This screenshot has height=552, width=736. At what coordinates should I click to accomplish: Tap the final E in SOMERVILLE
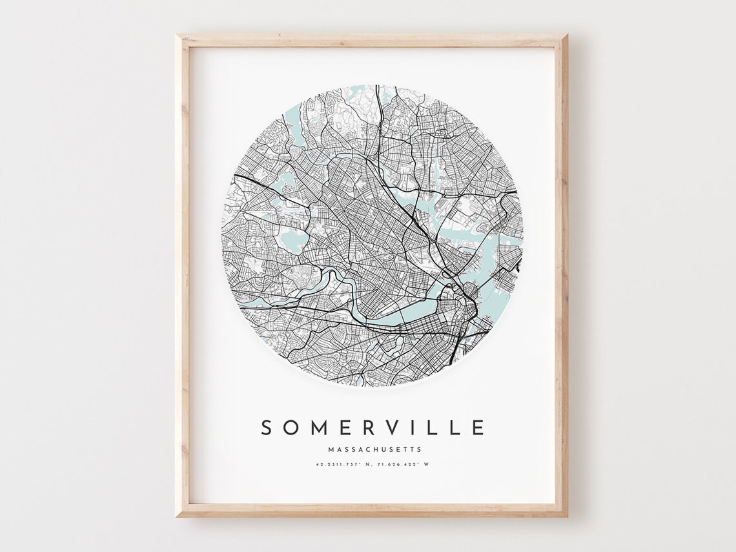point(478,427)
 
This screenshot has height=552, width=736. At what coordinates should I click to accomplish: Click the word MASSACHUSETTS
point(374,449)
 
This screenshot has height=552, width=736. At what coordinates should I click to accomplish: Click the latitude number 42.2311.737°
point(336,464)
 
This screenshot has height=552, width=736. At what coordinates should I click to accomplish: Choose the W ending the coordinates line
point(427,464)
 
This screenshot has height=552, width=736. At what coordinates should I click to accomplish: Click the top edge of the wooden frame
point(371,40)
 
